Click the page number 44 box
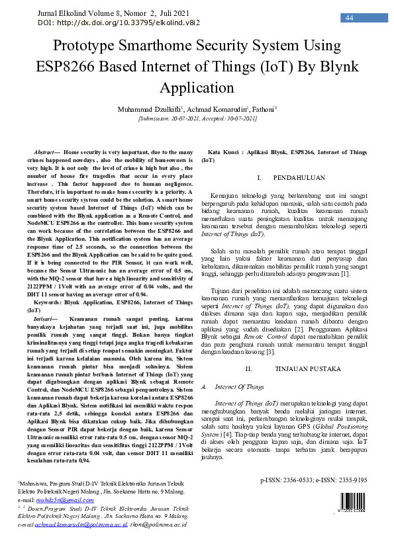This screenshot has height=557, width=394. click(x=349, y=18)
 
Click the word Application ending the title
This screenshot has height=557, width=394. click(x=197, y=89)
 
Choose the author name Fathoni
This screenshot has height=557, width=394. click(x=263, y=108)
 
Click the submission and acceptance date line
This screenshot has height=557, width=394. click(x=197, y=118)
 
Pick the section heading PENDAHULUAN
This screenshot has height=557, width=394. click(x=299, y=179)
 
